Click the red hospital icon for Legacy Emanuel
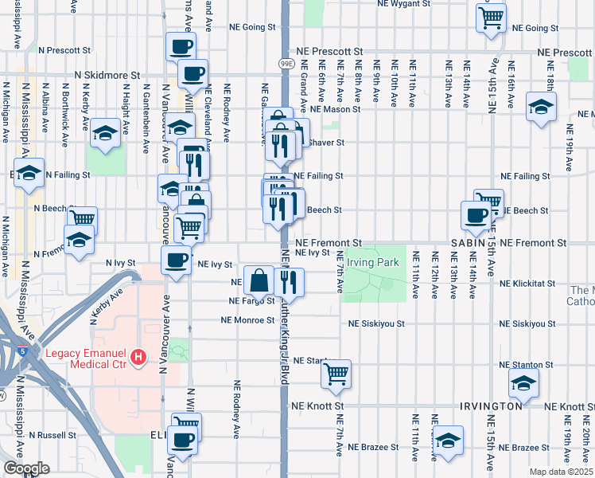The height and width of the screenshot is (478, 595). pos(139,358)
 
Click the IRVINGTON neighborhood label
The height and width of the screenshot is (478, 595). pos(490,406)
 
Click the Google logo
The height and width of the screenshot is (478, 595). pos(26,468)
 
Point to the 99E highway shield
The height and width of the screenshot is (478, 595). pos(287,61)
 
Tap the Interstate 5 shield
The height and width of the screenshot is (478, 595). pos(19,350)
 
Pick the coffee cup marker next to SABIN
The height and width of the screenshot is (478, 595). pos(476,214)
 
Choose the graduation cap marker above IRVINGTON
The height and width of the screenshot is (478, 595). pos(523,385)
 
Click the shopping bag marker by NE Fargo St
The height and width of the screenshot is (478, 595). pos(259,280)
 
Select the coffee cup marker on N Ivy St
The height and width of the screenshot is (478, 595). pos(177,260)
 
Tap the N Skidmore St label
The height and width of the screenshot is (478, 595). pos(107,74)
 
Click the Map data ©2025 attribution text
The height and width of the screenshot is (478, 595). pos(560,472)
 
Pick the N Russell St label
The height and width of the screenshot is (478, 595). pos(51,436)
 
